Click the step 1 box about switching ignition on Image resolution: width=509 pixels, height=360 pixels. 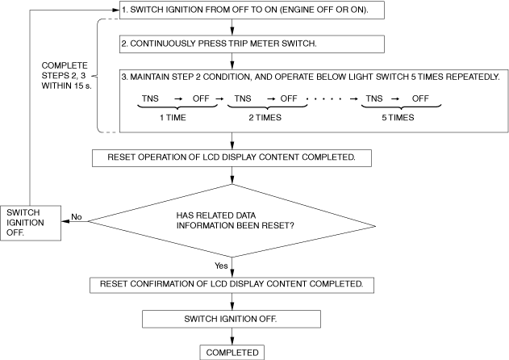(252, 10)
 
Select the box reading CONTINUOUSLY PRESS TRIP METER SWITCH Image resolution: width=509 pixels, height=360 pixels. (252, 44)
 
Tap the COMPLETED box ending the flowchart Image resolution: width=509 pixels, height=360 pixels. (232, 353)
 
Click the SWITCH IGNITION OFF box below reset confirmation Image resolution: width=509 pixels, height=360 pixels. (232, 319)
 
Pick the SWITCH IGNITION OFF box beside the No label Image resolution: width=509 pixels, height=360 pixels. (31, 223)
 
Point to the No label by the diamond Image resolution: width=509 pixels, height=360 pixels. (77, 216)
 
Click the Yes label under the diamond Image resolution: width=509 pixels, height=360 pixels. (221, 266)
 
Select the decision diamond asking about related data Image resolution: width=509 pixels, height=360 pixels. (232, 221)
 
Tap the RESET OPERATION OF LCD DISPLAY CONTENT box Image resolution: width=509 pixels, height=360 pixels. (232, 158)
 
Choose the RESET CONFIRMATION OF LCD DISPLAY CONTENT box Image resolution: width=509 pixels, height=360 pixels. (232, 285)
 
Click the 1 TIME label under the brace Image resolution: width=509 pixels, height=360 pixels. (173, 118)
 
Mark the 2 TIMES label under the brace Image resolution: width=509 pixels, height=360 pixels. (265, 118)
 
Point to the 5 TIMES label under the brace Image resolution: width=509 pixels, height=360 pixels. (398, 118)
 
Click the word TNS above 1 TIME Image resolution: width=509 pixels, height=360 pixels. (150, 98)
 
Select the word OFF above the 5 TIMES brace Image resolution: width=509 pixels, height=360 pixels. (420, 98)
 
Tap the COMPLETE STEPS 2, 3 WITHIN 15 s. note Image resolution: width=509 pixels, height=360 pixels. (66, 76)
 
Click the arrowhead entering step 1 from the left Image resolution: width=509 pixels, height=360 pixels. (116, 10)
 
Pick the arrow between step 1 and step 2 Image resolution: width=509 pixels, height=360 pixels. (232, 27)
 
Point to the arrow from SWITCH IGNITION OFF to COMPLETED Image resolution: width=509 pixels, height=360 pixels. (232, 337)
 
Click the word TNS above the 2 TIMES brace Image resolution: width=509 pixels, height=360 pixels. (243, 98)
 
